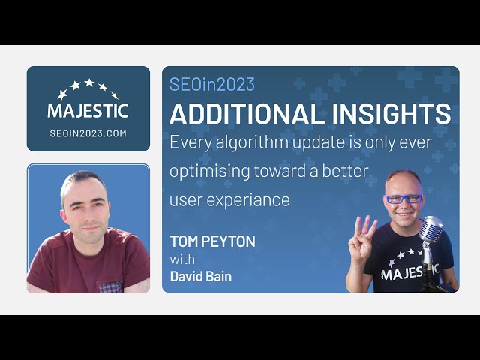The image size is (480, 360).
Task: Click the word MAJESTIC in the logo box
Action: (88, 110)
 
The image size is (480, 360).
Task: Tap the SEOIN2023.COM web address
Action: (88, 133)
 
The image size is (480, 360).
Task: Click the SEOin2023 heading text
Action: (212, 85)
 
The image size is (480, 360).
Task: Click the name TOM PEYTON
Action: (212, 241)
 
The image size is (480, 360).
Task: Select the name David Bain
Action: (200, 276)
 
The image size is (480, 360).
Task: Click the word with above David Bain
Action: (182, 259)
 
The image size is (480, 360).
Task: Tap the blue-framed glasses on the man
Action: (403, 199)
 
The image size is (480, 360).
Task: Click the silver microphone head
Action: (430, 229)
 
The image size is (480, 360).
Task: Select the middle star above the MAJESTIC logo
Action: (88, 83)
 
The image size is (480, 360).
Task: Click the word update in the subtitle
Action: (331, 142)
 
